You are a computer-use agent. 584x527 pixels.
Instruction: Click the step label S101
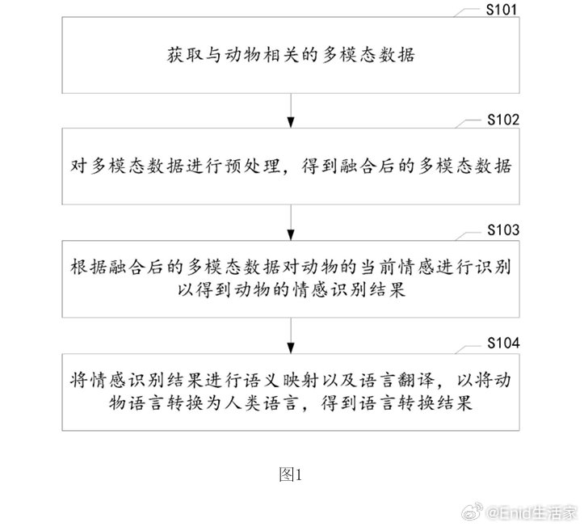(x=501, y=11)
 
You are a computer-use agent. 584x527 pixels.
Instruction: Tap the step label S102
(x=501, y=119)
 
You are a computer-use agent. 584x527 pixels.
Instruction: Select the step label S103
(x=501, y=230)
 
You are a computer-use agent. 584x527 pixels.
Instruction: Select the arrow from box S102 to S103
(x=291, y=221)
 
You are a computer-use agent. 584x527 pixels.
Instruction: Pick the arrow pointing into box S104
(x=291, y=333)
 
